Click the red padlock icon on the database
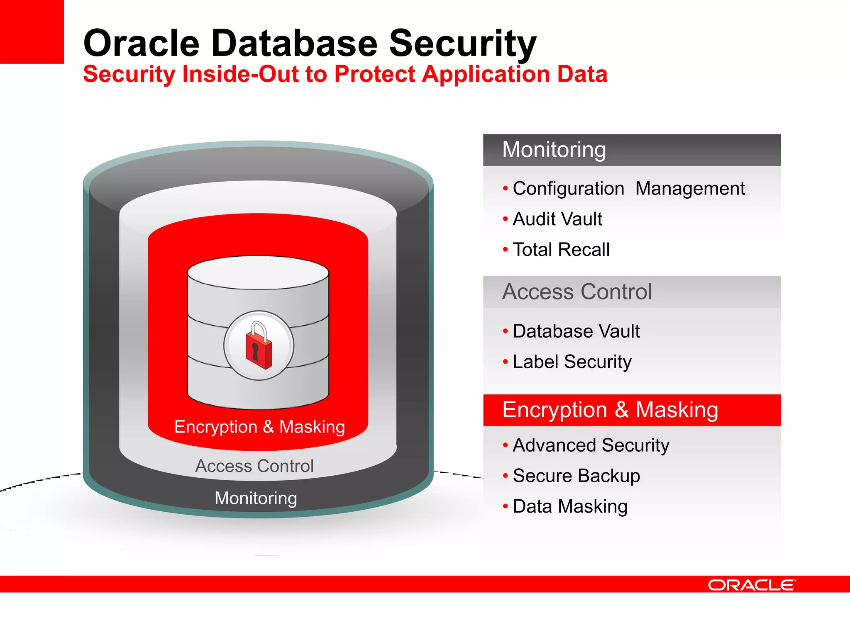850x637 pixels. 259,345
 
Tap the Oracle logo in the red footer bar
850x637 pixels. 752,585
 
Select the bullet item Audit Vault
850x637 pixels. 557,219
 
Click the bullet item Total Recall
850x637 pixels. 561,250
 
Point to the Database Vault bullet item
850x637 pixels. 576,331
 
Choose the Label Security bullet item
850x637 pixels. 572,362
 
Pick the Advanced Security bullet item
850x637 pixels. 591,445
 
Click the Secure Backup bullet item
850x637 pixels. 576,476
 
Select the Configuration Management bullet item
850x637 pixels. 628,189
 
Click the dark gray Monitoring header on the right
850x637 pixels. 631,150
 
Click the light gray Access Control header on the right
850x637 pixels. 631,292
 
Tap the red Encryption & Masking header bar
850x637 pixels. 631,410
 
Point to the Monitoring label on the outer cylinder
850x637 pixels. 256,498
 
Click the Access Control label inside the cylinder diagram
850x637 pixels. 254,466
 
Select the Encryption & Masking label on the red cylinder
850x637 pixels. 259,427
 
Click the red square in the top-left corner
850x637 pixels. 32,32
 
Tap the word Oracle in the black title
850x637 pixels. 142,44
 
